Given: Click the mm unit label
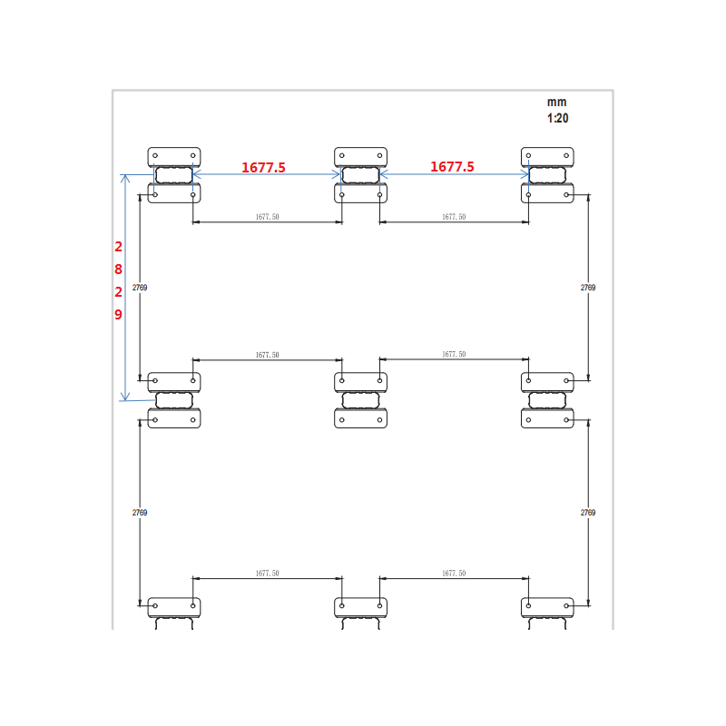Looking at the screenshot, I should pyautogui.click(x=556, y=103).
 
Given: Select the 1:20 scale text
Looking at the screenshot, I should pyautogui.click(x=557, y=118).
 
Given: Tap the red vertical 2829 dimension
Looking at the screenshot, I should pyautogui.click(x=118, y=280).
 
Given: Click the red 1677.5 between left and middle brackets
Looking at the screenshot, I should pyautogui.click(x=263, y=167).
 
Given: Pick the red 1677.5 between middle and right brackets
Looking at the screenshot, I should pyautogui.click(x=452, y=167).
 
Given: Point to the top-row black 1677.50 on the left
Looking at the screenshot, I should pyautogui.click(x=267, y=217).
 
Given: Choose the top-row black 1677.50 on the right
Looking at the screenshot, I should pyautogui.click(x=454, y=217).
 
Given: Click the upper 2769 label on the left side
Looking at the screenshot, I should pyautogui.click(x=140, y=288).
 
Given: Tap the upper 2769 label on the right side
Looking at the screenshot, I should pyautogui.click(x=588, y=288).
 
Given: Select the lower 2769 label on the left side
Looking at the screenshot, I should pyautogui.click(x=140, y=513).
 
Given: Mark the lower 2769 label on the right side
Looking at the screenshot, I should pyautogui.click(x=588, y=513).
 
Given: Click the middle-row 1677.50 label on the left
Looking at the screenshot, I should pyautogui.click(x=267, y=355).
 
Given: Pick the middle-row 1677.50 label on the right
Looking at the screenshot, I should pyautogui.click(x=454, y=355).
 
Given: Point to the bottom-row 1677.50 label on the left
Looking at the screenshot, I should pyautogui.click(x=267, y=574).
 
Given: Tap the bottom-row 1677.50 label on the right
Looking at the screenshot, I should pyautogui.click(x=454, y=574).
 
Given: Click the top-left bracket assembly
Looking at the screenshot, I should pyautogui.click(x=174, y=175).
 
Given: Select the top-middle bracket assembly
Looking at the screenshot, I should pyautogui.click(x=361, y=175).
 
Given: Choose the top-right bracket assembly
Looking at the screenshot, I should pyautogui.click(x=547, y=175).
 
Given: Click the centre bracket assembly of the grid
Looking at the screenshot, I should pyautogui.click(x=361, y=400).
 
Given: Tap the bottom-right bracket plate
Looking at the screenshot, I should pyautogui.click(x=547, y=607).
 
